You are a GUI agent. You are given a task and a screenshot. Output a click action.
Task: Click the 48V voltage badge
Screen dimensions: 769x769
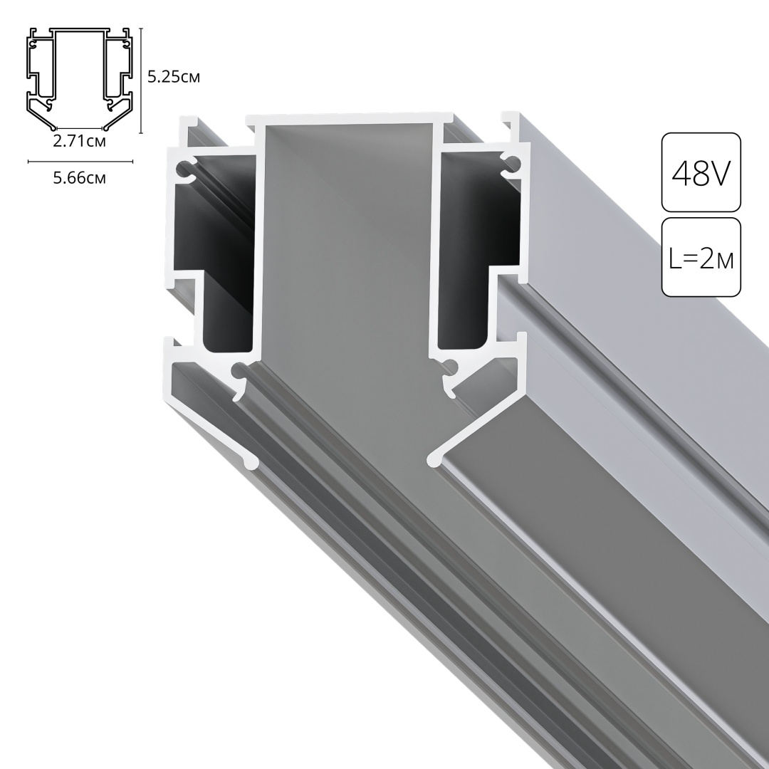pos(701,172)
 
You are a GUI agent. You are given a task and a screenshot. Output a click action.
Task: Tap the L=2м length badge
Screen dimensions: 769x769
pos(701,257)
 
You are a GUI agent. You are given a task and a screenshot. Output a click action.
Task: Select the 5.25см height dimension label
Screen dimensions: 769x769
pos(173,77)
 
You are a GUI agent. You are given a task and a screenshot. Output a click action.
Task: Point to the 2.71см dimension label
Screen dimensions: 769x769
pos(80,141)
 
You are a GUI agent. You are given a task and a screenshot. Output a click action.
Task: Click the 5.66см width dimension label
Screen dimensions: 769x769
pos(80,178)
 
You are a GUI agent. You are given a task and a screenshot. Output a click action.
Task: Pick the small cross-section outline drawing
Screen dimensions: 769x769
pos(80,80)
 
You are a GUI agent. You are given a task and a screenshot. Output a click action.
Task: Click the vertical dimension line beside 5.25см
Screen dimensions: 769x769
pos(142,80)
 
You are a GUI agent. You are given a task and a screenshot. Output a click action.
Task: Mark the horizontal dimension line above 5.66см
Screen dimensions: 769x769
pos(80,162)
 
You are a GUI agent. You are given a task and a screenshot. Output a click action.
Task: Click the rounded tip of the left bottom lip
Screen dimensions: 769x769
pos(250,463)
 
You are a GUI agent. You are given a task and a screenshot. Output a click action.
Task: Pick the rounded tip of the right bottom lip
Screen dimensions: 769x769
pos(432,461)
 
